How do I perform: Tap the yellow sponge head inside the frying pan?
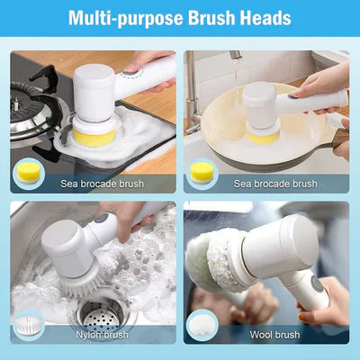tap(262, 135)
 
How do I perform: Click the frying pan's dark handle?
tap(341, 136)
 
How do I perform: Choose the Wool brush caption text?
tap(274, 333)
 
